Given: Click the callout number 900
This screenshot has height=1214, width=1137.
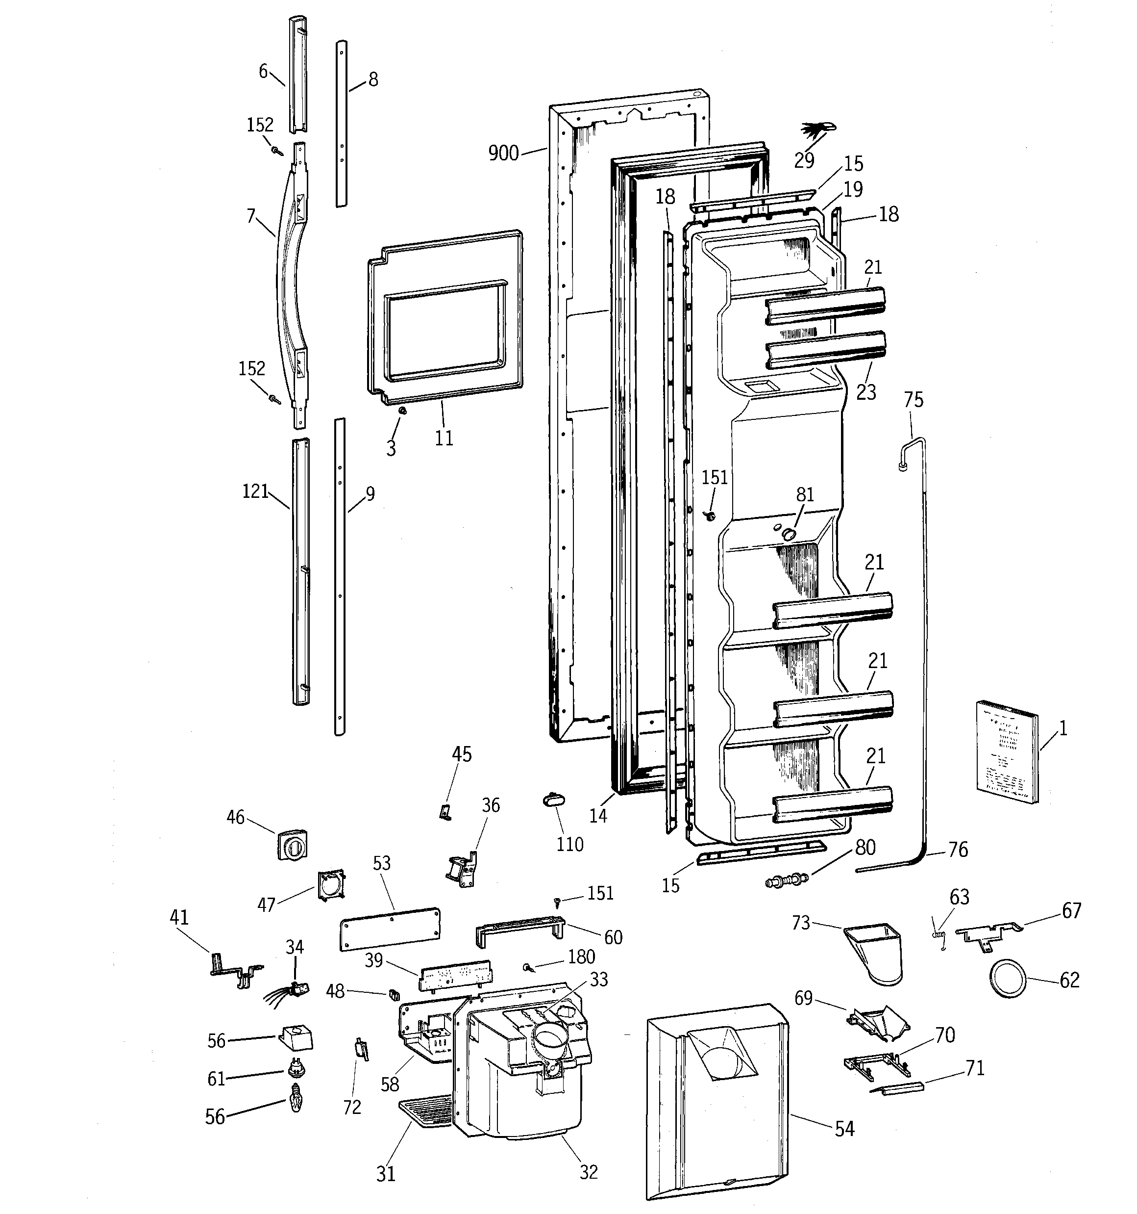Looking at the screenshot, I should [x=503, y=153].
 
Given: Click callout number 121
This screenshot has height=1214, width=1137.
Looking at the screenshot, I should [x=255, y=491].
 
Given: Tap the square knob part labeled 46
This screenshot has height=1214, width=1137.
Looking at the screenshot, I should [x=293, y=845].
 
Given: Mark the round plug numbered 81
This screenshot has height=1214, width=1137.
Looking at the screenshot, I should [x=789, y=534].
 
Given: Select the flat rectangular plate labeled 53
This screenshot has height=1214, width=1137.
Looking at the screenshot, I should [x=390, y=928].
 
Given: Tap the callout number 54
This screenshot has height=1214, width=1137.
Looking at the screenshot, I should [x=844, y=1129].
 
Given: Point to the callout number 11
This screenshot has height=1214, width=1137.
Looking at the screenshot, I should [x=444, y=438].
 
